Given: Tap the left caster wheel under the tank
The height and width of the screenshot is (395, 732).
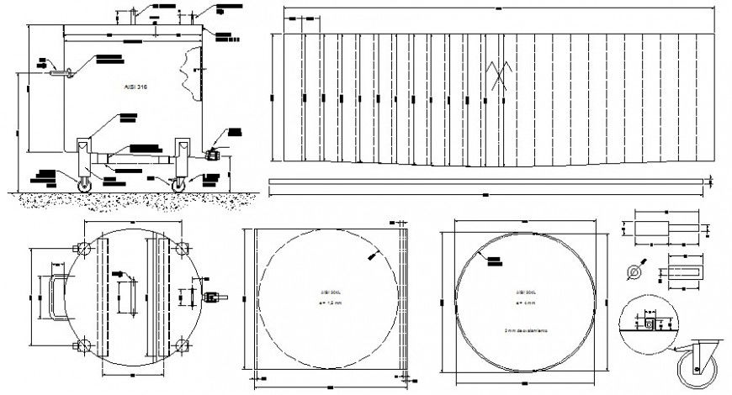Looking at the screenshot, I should point(84,184).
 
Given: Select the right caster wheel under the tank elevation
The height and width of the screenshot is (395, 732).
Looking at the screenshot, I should point(179,184).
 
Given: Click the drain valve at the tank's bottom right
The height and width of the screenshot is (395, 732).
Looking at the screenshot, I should point(212,155).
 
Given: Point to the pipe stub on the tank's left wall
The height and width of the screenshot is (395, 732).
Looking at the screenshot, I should point(57,73).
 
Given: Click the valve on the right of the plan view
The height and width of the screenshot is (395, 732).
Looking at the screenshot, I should point(212,296).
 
